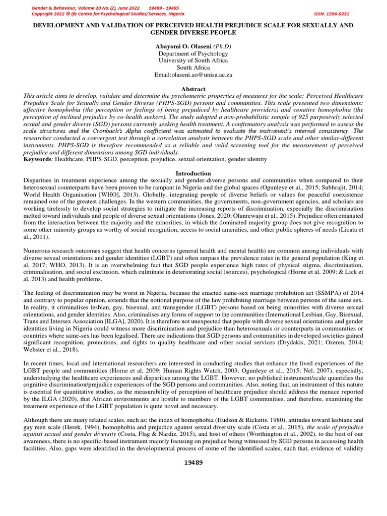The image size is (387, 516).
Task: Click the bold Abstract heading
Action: (193, 89)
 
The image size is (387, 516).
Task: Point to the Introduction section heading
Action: (193, 173)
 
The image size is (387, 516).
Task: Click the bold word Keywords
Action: (38, 159)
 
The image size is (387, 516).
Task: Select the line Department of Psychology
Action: (193, 53)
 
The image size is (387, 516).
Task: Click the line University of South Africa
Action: (193, 60)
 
